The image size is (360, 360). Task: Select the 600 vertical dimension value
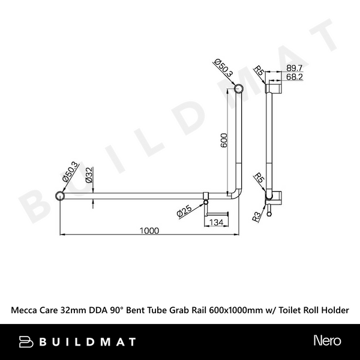223,139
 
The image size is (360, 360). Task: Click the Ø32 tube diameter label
88,175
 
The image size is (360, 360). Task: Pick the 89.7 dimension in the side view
294,69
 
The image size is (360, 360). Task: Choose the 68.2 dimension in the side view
294,77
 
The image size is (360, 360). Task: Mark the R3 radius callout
256,216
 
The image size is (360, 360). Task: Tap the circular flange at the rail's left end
60,195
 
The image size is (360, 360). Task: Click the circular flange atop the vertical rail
239,89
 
